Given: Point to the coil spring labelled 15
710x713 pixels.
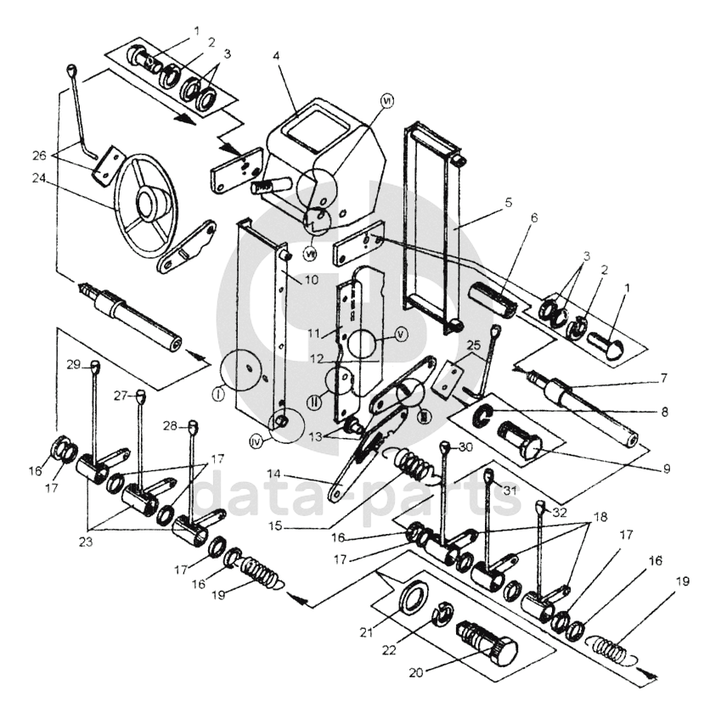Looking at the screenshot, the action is [417, 464].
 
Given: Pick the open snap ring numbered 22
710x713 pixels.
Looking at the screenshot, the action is [443, 616].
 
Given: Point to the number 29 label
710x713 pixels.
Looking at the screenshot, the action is [74, 364].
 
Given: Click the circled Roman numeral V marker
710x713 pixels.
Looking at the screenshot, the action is [402, 334].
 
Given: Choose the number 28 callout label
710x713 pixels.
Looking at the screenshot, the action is [171, 425].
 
